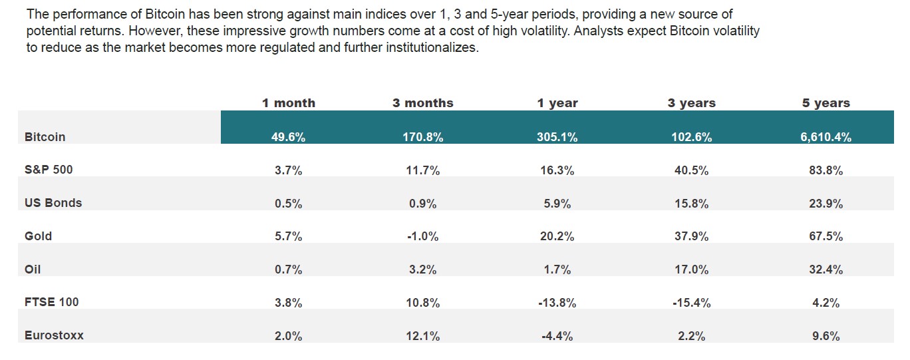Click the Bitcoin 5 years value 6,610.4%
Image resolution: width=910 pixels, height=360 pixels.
coord(826,138)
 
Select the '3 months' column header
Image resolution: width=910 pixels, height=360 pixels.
coord(422,103)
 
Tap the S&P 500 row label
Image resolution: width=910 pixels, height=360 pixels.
coord(49,170)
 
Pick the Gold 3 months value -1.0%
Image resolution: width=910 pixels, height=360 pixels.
coord(422,237)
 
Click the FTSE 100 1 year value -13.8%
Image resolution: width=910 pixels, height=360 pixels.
coord(557,303)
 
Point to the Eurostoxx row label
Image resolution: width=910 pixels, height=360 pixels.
coord(54,335)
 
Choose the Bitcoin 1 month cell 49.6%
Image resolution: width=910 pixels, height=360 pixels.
coord(288,138)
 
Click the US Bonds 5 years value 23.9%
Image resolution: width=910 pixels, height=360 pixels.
coord(826,204)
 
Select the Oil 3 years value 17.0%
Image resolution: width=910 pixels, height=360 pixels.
coord(691,270)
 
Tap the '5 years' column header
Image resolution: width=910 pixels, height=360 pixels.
coord(826,103)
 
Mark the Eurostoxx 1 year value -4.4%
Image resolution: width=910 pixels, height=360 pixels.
coord(557,336)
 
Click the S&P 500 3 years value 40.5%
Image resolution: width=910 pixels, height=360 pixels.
coord(691,170)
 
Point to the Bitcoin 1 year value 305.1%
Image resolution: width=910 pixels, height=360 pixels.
coord(557,138)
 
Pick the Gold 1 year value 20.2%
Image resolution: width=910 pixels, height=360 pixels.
coord(557,237)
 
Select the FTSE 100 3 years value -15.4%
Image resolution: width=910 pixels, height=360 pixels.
coord(691,303)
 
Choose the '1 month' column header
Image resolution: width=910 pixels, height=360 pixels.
coord(288,103)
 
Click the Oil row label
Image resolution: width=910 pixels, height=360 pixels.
coord(33,270)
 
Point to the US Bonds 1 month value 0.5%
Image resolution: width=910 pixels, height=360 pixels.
coord(288,204)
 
